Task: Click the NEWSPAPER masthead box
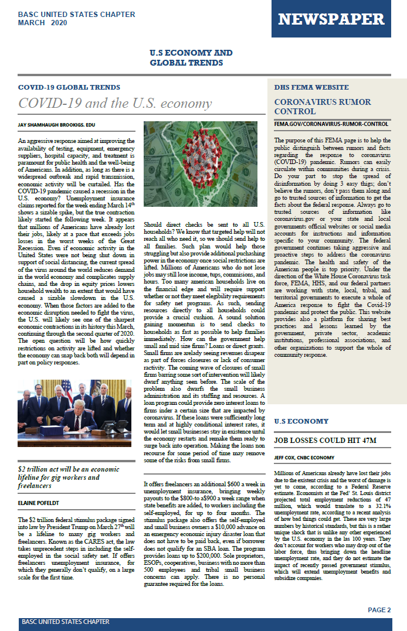[331, 19]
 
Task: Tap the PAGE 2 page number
[379, 610]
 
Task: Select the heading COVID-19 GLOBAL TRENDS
[69, 87]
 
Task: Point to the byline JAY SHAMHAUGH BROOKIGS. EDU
[56, 125]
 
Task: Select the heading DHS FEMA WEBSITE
[311, 87]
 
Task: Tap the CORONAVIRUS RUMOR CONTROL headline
[314, 106]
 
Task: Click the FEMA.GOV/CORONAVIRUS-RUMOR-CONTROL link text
[331, 124]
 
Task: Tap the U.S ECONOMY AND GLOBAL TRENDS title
[191, 57]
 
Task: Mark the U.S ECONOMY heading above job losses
[301, 421]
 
